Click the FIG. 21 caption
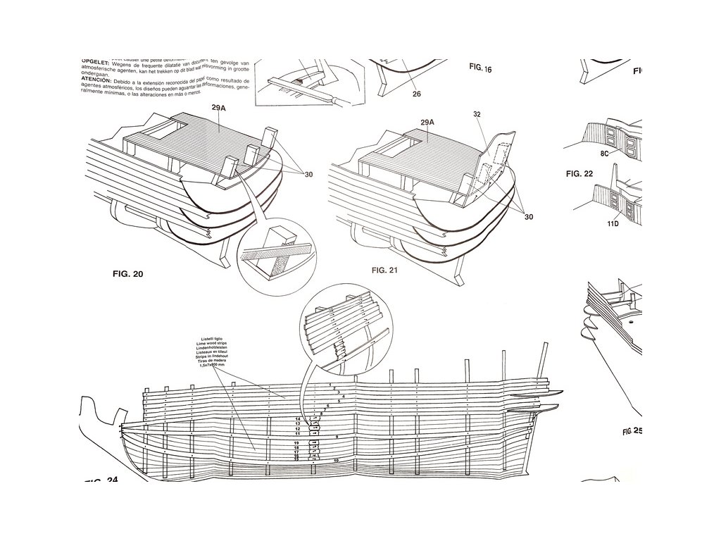(389, 269)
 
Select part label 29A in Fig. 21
(429, 123)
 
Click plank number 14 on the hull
(298, 418)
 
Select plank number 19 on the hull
(298, 442)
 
